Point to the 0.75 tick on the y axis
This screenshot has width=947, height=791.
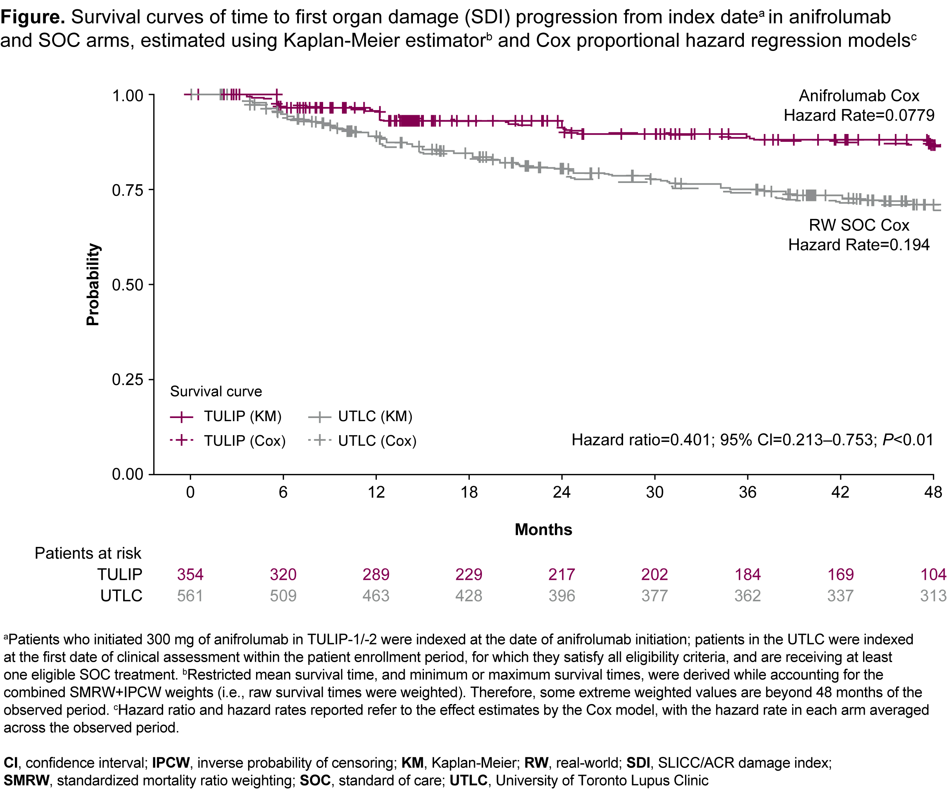(x=127, y=190)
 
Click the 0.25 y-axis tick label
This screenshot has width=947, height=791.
(x=127, y=380)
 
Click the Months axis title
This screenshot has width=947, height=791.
(x=543, y=529)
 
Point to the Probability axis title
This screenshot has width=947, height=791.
(x=93, y=284)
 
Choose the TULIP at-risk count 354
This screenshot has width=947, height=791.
(x=190, y=574)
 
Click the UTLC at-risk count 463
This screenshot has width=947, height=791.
(x=376, y=596)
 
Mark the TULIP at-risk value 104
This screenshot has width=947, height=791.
(x=932, y=574)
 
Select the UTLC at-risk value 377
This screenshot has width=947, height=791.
(x=654, y=596)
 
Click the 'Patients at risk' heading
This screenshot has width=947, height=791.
(x=88, y=553)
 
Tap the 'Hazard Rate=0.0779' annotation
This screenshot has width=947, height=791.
(x=859, y=115)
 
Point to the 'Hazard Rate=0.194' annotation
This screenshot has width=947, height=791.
(x=859, y=244)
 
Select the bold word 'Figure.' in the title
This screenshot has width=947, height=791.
(x=33, y=17)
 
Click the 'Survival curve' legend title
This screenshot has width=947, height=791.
(x=216, y=391)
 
